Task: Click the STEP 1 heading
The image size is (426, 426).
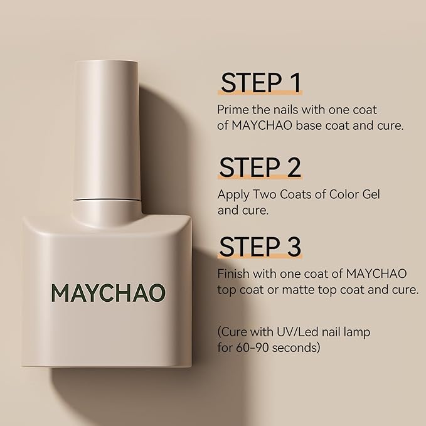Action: click(260, 83)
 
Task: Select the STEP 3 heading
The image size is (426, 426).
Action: click(260, 247)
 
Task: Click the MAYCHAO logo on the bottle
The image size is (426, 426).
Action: click(109, 292)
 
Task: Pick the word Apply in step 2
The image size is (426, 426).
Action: click(233, 194)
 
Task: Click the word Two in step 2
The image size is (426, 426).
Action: click(266, 194)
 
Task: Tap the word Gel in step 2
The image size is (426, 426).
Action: click(370, 194)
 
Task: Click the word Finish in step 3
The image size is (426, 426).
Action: click(233, 274)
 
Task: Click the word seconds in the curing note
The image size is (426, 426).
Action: click(301, 347)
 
